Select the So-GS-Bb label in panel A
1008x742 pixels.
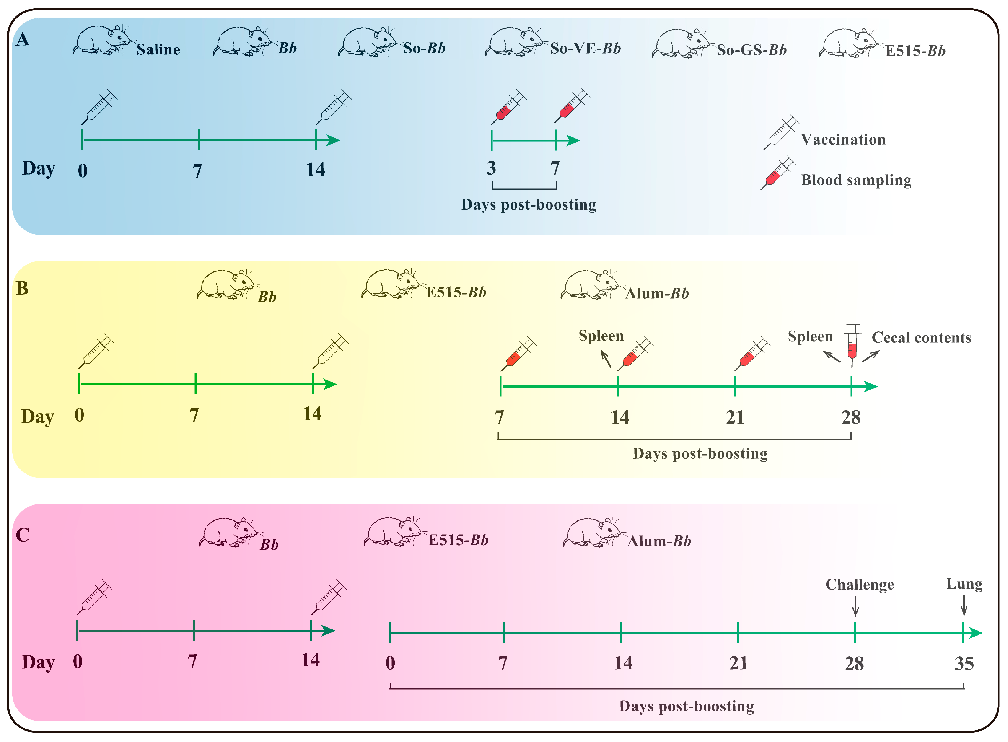pyautogui.click(x=751, y=50)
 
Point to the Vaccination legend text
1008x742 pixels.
pyautogui.click(x=843, y=140)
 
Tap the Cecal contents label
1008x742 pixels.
pyautogui.click(x=921, y=337)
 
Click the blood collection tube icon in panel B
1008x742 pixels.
pyautogui.click(x=852, y=345)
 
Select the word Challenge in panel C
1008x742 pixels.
pyautogui.click(x=859, y=584)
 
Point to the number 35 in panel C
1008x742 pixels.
pyautogui.click(x=963, y=664)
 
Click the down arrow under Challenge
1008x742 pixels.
pyautogui.click(x=855, y=606)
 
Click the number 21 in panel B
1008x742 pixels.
pyautogui.click(x=735, y=417)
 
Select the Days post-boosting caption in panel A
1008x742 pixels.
pyautogui.click(x=529, y=205)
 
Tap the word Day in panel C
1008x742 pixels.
pyautogui.click(x=39, y=662)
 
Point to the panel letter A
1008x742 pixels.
pyautogui.click(x=22, y=40)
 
